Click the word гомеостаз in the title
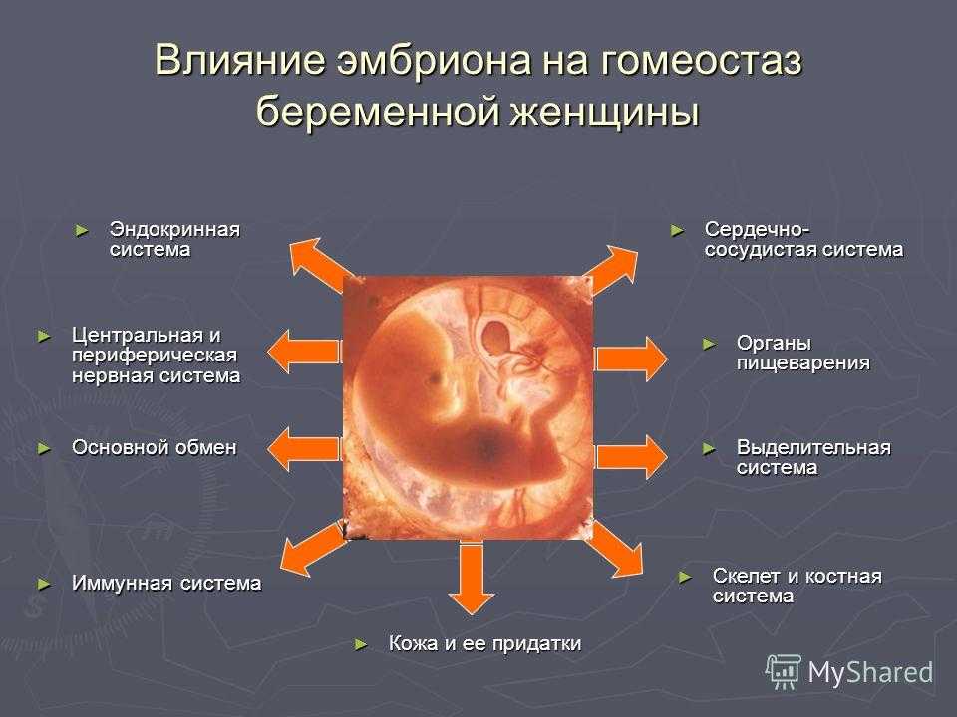click(701, 61)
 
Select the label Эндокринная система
click(174, 240)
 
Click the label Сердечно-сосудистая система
click(803, 240)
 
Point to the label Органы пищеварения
click(802, 353)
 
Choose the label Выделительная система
click(813, 457)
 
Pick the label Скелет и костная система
click(797, 586)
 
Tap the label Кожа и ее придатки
click(484, 643)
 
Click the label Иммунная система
click(166, 583)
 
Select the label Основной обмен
click(154, 447)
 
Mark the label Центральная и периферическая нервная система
click(156, 355)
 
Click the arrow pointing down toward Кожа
click(471, 578)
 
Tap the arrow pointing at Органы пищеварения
click(631, 358)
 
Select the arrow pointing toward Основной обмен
click(303, 449)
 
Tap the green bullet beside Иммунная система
click(44, 584)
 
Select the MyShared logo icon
click(784, 672)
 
